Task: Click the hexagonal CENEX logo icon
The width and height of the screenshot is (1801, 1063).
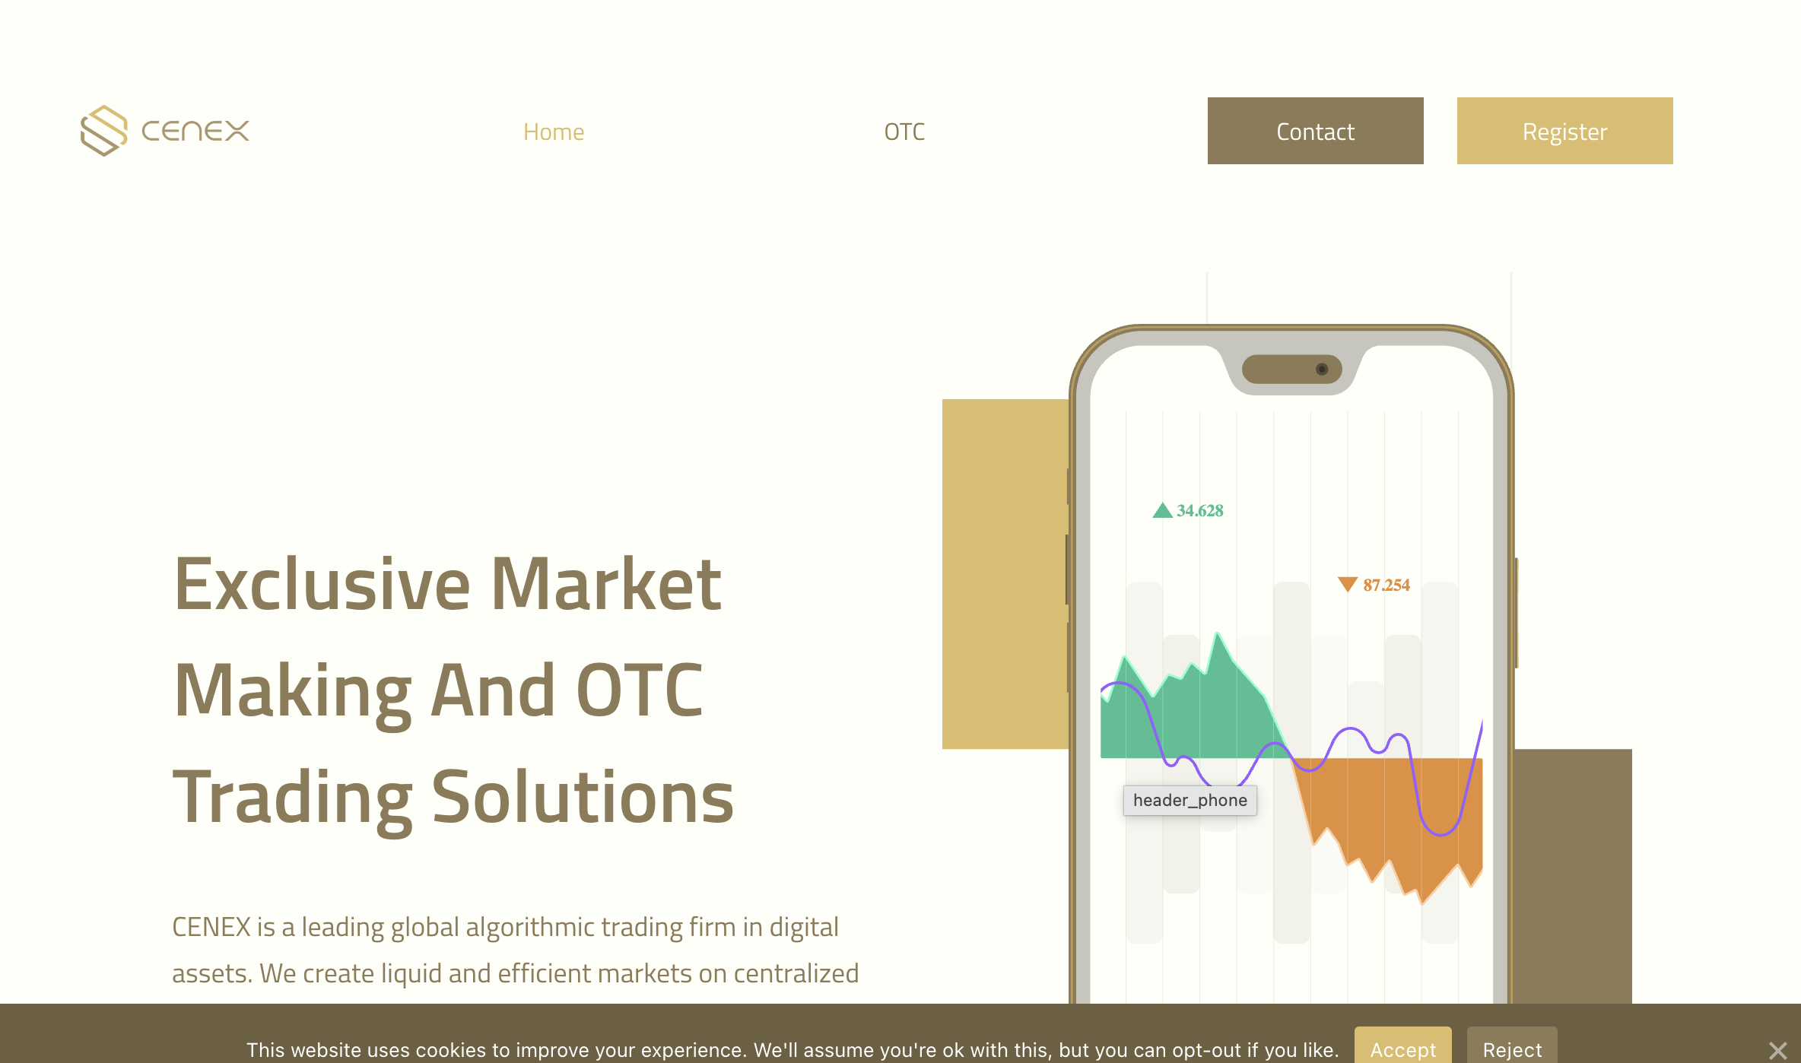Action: pos(104,131)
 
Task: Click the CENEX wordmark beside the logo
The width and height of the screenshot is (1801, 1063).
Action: pos(195,131)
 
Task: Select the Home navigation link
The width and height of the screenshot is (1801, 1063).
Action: pos(554,132)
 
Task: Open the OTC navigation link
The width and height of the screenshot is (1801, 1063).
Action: pos(904,132)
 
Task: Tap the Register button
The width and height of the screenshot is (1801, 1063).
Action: pos(1564,131)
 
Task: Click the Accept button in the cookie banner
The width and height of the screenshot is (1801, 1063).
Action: pos(1402,1047)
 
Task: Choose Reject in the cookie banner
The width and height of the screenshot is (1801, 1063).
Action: pos(1512,1047)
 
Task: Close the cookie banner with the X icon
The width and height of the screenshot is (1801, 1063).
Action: pos(1778,1050)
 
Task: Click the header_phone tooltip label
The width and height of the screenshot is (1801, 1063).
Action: pos(1190,800)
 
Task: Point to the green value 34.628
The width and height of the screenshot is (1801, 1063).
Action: pos(1200,510)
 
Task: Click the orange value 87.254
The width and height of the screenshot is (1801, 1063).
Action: pos(1386,585)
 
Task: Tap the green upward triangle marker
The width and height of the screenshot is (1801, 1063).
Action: pos(1162,510)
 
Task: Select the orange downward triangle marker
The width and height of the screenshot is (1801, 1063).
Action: pos(1348,583)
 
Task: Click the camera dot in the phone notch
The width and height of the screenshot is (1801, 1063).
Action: pos(1322,370)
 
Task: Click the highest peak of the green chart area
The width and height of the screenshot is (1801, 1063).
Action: pos(1218,633)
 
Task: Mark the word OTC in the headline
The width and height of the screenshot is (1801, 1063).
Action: pos(639,690)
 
